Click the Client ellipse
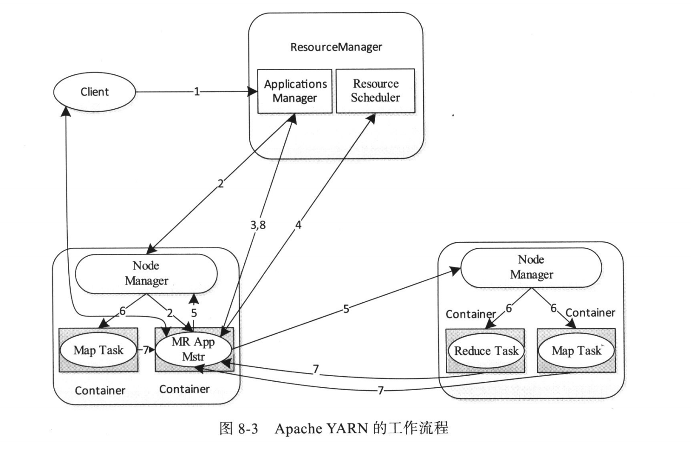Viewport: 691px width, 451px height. tap(95, 92)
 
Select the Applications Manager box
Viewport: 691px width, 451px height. tap(295, 91)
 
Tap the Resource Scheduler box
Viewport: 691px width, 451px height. tap(375, 91)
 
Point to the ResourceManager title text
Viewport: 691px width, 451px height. tap(336, 47)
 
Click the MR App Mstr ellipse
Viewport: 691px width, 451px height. tap(193, 349)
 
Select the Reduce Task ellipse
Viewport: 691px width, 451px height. tap(486, 351)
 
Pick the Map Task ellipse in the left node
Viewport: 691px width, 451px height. tap(98, 350)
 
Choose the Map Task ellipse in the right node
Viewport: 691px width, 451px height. tap(576, 351)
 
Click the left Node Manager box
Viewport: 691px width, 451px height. tap(146, 273)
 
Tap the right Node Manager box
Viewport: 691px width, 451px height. tap(531, 267)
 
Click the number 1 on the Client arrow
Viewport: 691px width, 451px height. tap(196, 92)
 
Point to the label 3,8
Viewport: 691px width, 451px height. tap(258, 225)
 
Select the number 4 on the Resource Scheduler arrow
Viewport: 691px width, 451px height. tap(298, 225)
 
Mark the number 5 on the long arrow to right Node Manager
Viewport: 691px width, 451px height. tap(346, 309)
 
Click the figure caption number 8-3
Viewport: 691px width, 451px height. tap(248, 428)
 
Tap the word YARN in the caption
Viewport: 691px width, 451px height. tap(347, 428)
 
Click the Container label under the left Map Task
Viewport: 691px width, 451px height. tap(100, 391)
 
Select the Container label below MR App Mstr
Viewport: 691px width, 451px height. tap(184, 389)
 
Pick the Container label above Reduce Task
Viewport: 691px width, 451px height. tap(470, 314)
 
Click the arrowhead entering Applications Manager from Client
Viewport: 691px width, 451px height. tap(253, 92)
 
